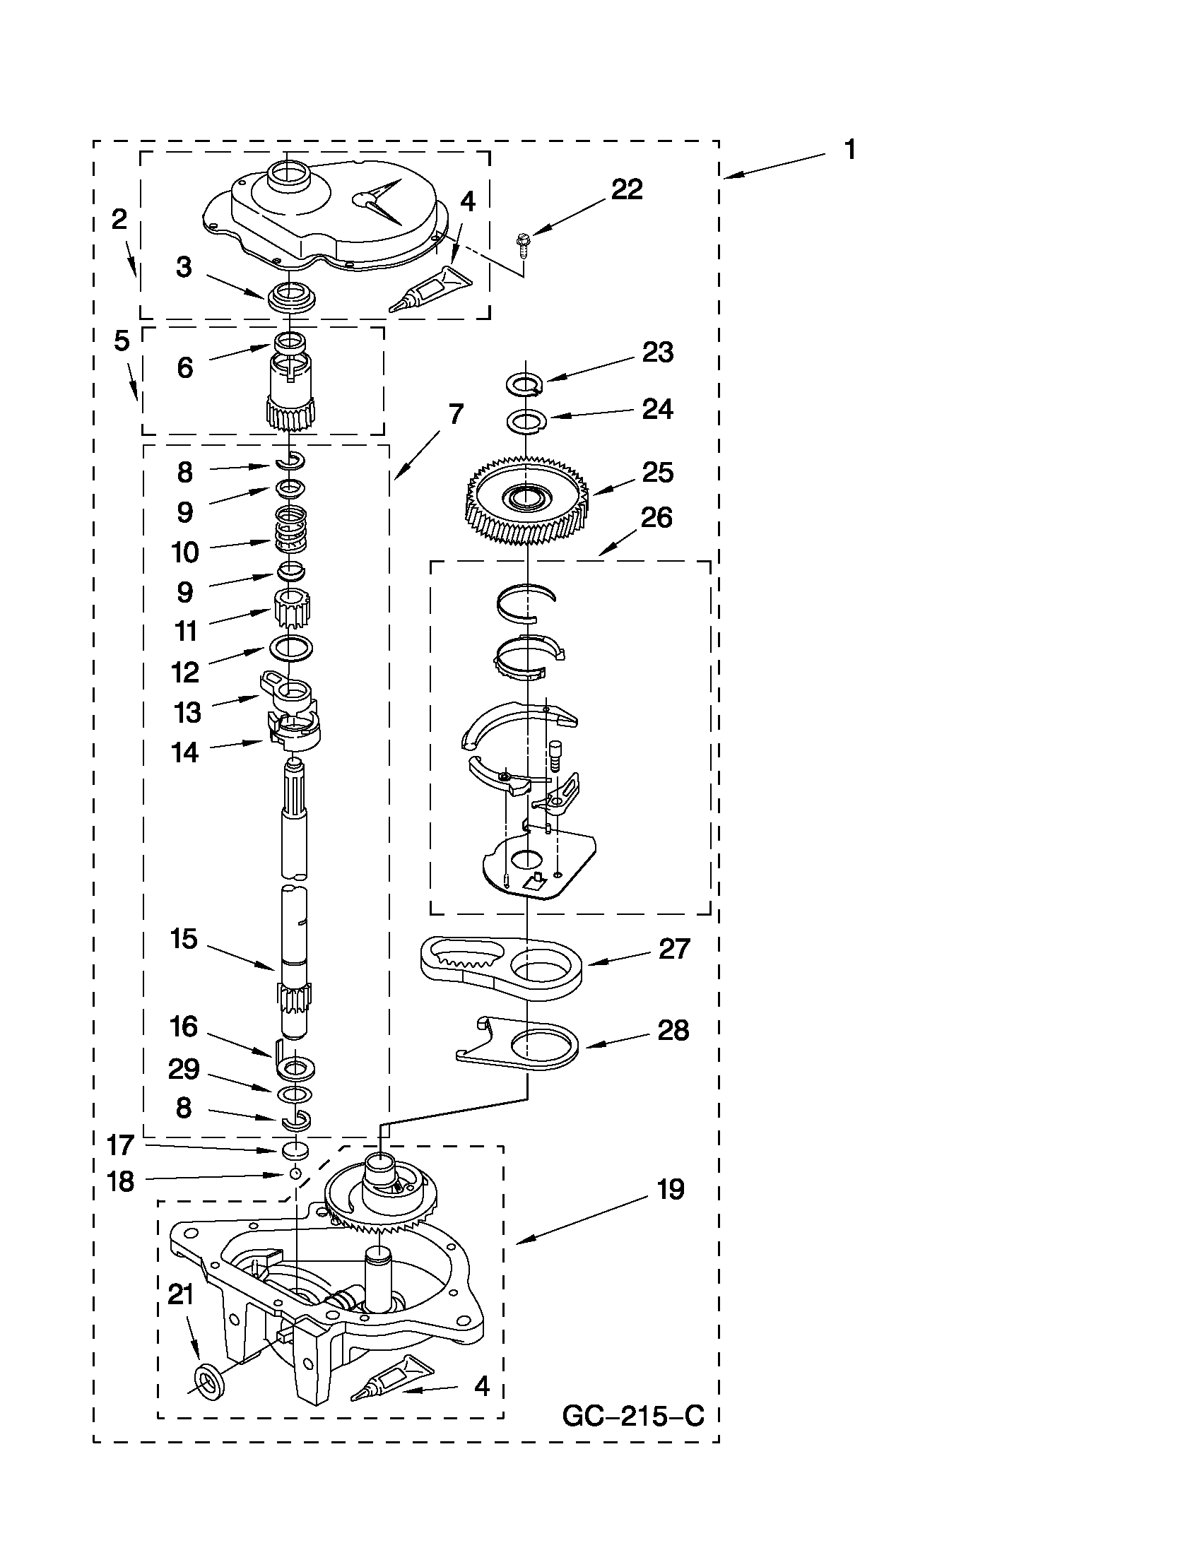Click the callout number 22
coord(627,189)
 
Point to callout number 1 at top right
coord(849,150)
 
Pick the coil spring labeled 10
coord(290,529)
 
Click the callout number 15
coord(183,939)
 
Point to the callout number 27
coord(674,949)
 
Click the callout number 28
coord(673,1031)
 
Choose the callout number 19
coord(670,1190)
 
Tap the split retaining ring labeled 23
coord(525,383)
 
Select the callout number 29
coord(184,1069)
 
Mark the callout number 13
coord(187,711)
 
